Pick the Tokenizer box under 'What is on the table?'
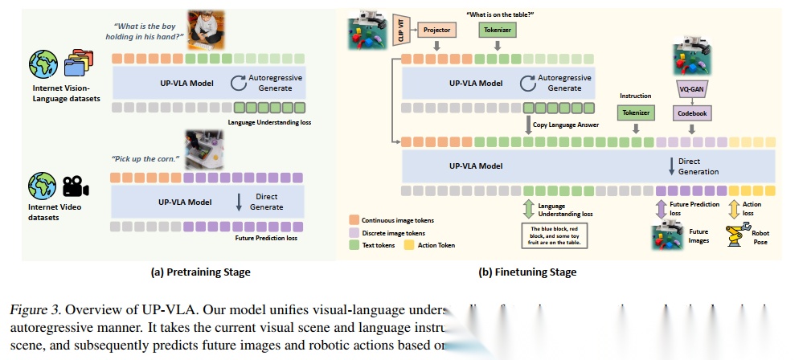[x=497, y=30]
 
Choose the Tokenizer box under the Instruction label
[x=634, y=114]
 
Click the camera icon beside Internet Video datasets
[x=75, y=186]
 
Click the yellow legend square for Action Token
[x=420, y=245]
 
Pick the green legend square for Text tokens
[x=354, y=245]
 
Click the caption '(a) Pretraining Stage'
[x=200, y=272]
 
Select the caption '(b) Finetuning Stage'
[x=527, y=272]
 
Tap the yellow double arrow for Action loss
[x=733, y=209]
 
